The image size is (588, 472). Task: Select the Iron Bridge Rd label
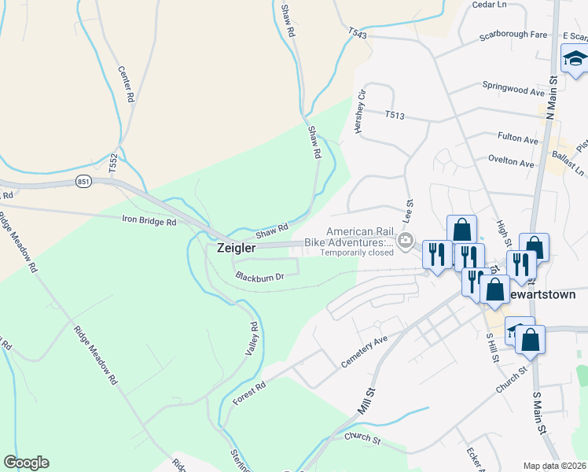(x=149, y=222)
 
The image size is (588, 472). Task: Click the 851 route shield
(x=85, y=182)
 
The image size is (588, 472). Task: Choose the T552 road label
(x=114, y=164)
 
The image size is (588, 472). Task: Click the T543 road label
(x=358, y=32)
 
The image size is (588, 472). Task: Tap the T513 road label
(x=395, y=116)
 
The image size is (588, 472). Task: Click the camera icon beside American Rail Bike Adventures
(x=406, y=242)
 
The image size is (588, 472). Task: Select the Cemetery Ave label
(x=365, y=352)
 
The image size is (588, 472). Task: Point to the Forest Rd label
(x=250, y=393)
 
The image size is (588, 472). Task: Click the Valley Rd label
(x=252, y=339)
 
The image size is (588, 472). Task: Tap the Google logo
(x=26, y=463)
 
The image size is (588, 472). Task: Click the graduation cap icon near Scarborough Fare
(x=575, y=59)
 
